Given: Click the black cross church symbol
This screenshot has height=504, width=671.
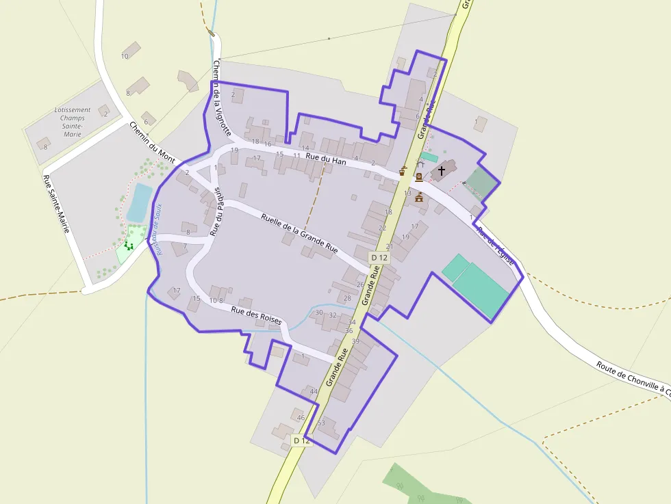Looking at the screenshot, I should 442,170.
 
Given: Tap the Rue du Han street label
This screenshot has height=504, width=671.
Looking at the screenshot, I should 326,159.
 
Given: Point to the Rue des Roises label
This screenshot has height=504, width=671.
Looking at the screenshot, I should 256,315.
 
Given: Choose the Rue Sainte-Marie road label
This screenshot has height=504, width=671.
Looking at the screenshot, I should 56,203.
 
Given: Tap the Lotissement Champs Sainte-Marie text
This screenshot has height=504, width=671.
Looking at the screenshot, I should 72,122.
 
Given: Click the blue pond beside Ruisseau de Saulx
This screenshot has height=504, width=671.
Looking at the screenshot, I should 139,202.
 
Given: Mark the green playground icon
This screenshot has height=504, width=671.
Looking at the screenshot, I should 128,245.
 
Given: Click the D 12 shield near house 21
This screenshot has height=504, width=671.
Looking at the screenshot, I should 379,257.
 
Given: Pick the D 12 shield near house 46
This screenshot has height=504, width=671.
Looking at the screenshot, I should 301,440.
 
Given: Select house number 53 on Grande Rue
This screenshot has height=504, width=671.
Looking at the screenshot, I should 320,423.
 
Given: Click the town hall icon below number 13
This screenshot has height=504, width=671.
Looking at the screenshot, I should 418,197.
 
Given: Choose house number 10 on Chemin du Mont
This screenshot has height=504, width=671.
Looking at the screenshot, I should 125,56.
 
